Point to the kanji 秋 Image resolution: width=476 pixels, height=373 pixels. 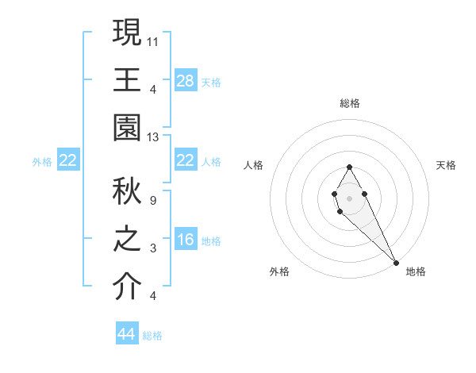(x=127, y=190)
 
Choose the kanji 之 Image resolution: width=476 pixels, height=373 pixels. (x=127, y=240)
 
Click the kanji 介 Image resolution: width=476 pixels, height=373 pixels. (x=127, y=288)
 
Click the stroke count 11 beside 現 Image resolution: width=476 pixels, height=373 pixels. (x=154, y=40)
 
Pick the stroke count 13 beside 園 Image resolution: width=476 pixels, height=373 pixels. (x=154, y=137)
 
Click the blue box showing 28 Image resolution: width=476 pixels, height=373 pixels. (x=186, y=81)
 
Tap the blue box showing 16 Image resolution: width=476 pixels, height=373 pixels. (x=186, y=240)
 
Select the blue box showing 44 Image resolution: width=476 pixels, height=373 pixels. (x=127, y=334)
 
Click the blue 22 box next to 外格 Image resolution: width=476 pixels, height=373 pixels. (x=68, y=161)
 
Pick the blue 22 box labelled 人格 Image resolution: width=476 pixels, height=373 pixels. (x=186, y=161)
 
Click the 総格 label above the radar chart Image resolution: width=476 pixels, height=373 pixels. (x=350, y=103)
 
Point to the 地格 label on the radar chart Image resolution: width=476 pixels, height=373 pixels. (x=416, y=271)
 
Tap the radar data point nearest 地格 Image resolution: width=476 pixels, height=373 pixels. (x=396, y=263)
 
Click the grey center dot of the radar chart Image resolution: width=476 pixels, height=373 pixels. (x=350, y=197)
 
